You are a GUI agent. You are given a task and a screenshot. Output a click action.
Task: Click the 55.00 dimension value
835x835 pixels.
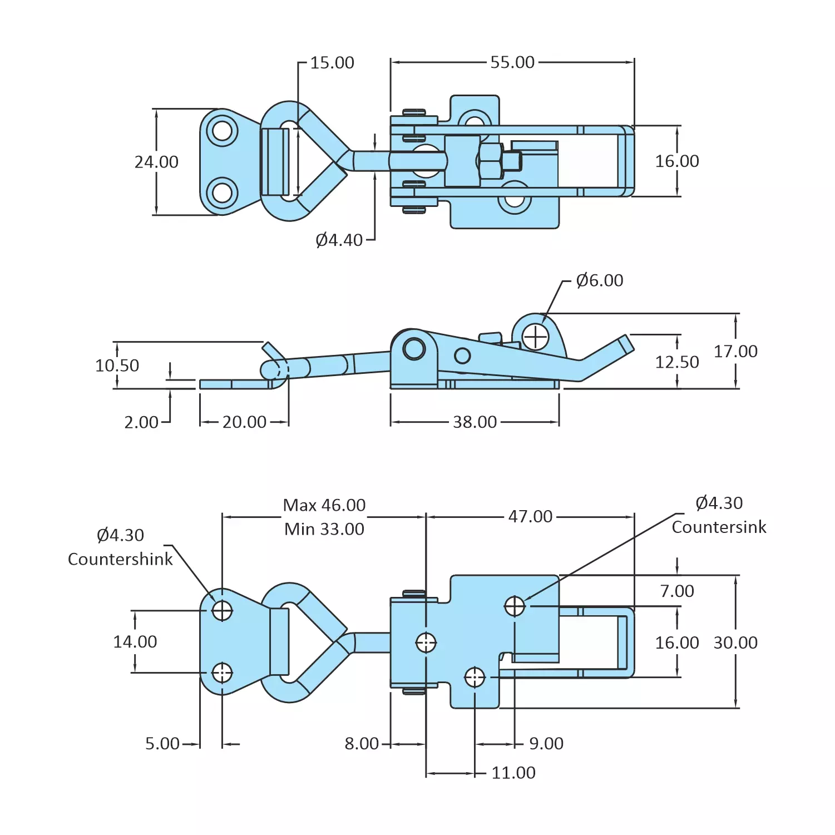512,62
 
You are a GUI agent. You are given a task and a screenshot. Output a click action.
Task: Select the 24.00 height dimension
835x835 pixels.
156,162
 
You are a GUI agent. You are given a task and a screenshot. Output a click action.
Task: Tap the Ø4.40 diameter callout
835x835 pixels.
339,240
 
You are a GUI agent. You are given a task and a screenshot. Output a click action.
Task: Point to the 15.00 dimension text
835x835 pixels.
332,63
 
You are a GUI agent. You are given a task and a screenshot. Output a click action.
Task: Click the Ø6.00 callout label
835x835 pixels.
599,280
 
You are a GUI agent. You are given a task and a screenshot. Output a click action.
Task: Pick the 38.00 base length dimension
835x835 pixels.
475,422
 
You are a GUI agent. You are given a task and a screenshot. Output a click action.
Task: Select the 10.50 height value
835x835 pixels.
117,365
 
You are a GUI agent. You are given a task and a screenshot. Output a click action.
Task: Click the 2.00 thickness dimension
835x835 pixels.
141,422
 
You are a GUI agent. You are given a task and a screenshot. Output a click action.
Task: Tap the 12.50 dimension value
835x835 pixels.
676,362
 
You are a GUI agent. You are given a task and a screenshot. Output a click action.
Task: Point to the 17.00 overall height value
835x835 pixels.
735,352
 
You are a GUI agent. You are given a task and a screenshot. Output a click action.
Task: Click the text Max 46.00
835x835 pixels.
324,505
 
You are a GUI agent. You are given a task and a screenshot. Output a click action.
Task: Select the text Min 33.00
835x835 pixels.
324,529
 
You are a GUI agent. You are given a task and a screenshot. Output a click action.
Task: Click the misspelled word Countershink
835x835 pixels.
120,559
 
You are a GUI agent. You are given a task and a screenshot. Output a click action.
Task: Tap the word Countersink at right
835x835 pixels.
719,527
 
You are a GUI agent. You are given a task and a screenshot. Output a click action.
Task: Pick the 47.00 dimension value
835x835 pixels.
530,517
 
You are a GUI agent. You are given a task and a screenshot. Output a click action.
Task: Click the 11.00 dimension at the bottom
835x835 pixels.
513,773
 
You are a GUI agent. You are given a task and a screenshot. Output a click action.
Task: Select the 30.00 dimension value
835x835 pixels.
735,643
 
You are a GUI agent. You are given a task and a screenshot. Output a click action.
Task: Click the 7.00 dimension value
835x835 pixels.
676,591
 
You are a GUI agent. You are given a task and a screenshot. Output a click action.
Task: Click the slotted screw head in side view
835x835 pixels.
536,337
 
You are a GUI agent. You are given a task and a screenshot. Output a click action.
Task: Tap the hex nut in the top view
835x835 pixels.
490,161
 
